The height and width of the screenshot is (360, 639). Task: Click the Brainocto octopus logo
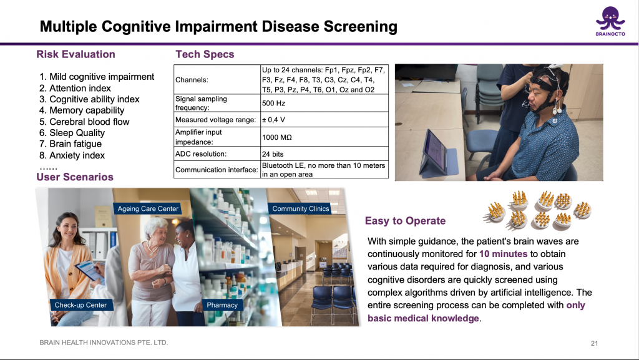(610, 21)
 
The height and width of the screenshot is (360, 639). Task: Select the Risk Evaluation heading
(76, 54)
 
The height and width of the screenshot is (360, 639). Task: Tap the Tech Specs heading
(205, 54)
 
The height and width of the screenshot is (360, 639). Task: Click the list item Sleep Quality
(77, 133)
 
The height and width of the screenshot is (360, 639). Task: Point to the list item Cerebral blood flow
(89, 122)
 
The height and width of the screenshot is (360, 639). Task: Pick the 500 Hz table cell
(274, 104)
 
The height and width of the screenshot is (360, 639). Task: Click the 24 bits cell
(273, 154)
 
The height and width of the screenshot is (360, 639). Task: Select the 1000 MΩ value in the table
(277, 137)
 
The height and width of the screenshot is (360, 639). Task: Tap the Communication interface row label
(217, 170)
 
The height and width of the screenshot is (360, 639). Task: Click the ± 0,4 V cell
(273, 120)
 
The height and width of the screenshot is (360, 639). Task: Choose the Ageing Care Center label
(148, 208)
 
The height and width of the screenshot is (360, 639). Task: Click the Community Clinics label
(300, 208)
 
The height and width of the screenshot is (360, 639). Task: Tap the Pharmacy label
(222, 305)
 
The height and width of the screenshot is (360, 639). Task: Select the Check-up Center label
(80, 305)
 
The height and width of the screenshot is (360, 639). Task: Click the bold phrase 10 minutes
(504, 254)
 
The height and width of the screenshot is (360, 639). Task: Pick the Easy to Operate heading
(406, 221)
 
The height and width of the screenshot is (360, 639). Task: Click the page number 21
(595, 343)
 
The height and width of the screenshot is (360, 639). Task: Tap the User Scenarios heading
(75, 177)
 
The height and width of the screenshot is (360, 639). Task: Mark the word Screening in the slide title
(361, 27)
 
